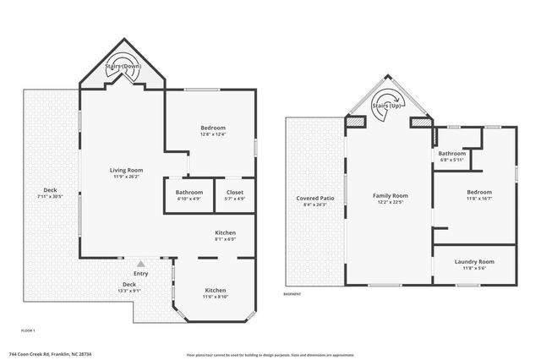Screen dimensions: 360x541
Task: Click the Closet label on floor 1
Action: coord(235,192)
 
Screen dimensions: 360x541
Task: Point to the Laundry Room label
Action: coord(474,262)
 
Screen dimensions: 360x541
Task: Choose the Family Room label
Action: coord(391,195)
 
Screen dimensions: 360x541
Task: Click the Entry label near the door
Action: coord(140,273)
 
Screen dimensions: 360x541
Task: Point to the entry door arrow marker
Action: coord(140,263)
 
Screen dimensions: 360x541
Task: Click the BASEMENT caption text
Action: coord(292,294)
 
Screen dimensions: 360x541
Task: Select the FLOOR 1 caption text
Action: coord(29,330)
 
